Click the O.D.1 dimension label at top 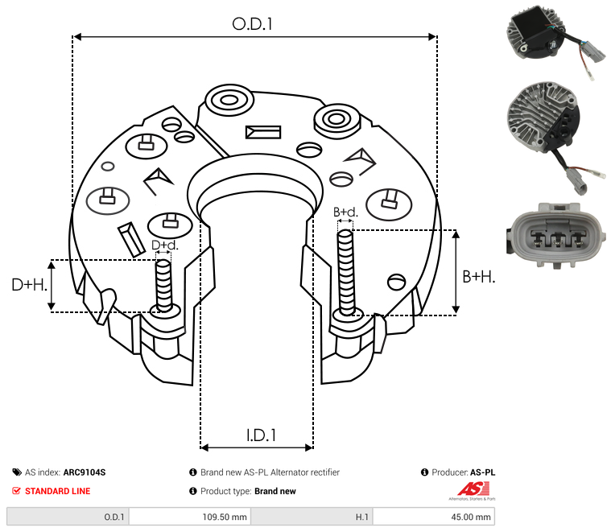pyautogui.click(x=253, y=24)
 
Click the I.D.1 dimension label pyautogui.click(x=261, y=435)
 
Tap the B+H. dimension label pyautogui.click(x=479, y=277)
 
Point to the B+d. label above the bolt pyautogui.click(x=345, y=212)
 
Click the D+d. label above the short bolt pyautogui.click(x=163, y=245)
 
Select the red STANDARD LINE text pyautogui.click(x=57, y=491)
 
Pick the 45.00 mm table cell pyautogui.click(x=472, y=517)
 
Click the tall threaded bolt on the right pyautogui.click(x=346, y=271)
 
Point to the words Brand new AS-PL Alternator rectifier pyautogui.click(x=270, y=472)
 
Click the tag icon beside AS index pyautogui.click(x=17, y=472)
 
